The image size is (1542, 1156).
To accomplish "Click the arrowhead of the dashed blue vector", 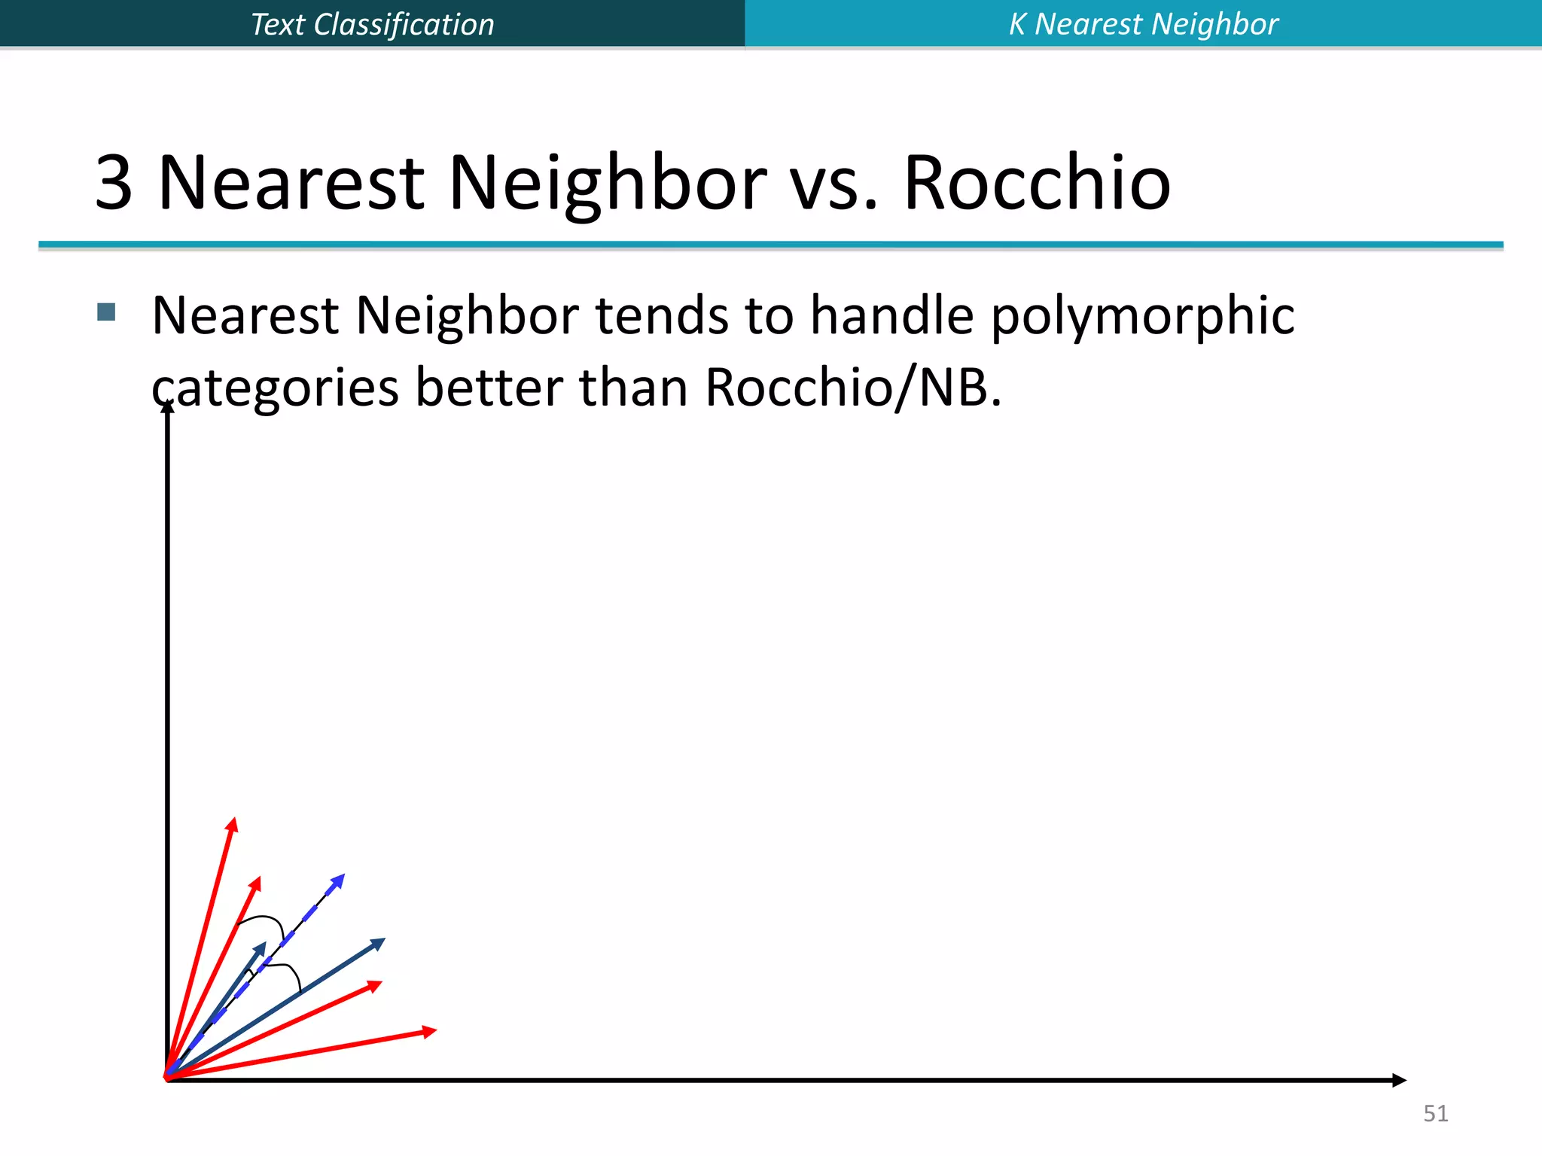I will pyautogui.click(x=340, y=879).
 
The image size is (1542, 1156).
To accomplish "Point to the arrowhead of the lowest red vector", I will pyautogui.click(x=430, y=1031).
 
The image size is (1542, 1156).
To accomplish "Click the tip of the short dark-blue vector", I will pyautogui.click(x=261, y=948).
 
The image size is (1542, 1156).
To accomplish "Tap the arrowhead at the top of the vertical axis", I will pyautogui.click(x=167, y=407).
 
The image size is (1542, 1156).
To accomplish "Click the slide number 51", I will pyautogui.click(x=1435, y=1113).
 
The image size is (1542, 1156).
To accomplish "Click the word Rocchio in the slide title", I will pyautogui.click(x=1036, y=183).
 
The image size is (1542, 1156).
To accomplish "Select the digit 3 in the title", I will pyautogui.click(x=114, y=183).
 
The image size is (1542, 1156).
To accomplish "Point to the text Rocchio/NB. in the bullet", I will pyautogui.click(x=853, y=388).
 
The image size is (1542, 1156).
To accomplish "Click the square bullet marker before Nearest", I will pyautogui.click(x=106, y=312).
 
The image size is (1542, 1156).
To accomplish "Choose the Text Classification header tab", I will pyautogui.click(x=372, y=24).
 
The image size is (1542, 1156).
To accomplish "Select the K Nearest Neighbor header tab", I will pyautogui.click(x=1143, y=24).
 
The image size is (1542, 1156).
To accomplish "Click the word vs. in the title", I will pyautogui.click(x=834, y=183).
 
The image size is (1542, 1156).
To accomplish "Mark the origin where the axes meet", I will pyautogui.click(x=167, y=1079).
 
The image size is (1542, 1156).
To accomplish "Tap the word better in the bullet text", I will pyautogui.click(x=489, y=388).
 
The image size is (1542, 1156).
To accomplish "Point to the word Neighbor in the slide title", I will pyautogui.click(x=607, y=183).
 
